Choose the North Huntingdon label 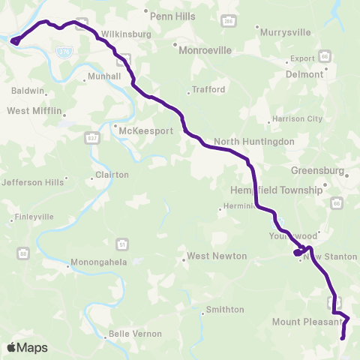[x=253, y=141]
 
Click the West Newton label [x=217, y=256]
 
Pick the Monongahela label [x=95, y=263]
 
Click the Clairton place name [x=112, y=175]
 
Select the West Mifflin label [x=32, y=110]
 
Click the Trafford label [x=208, y=89]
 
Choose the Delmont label [x=304, y=74]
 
